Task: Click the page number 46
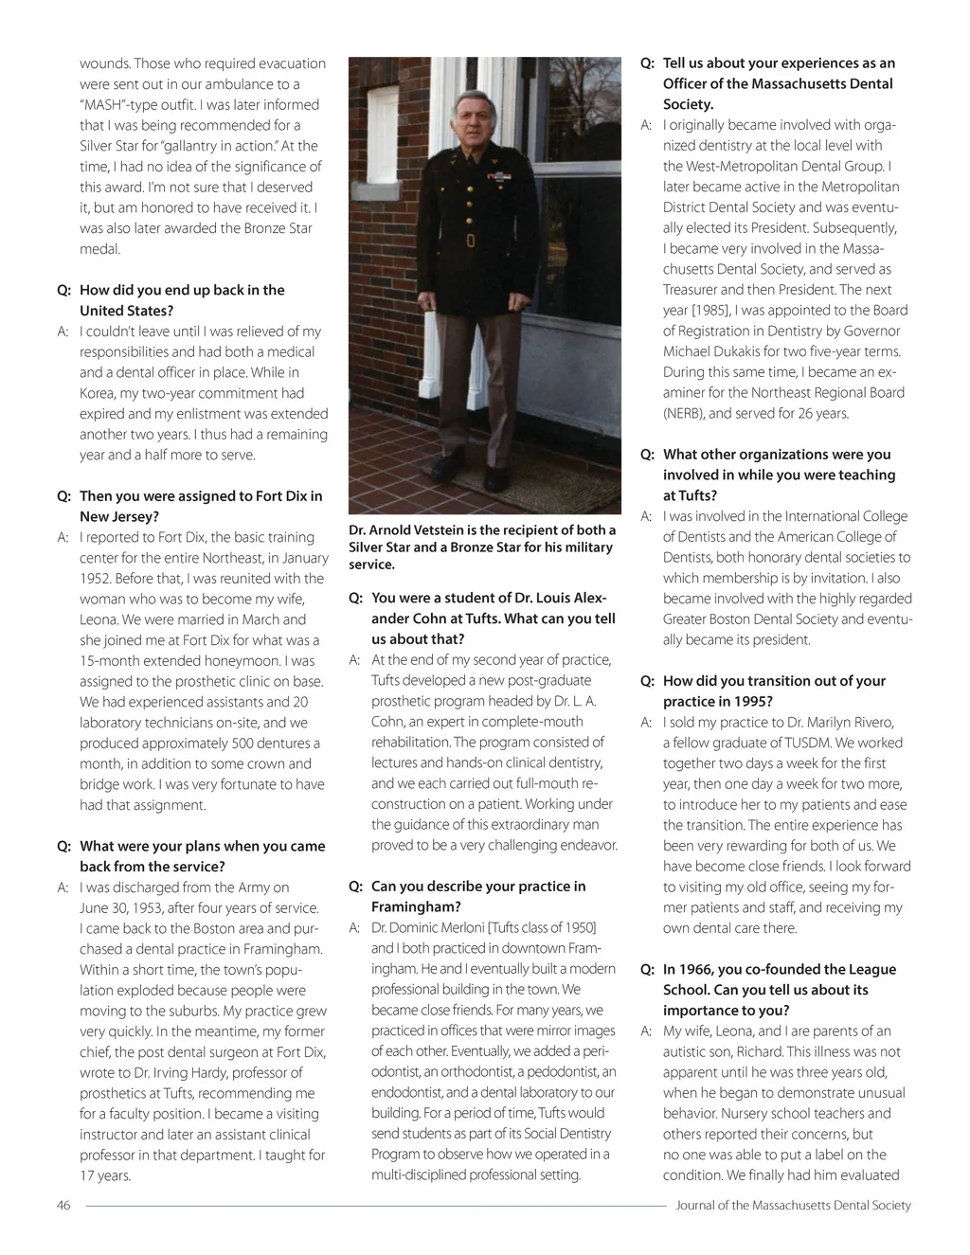click(63, 1206)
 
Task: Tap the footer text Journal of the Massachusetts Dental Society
click(793, 1206)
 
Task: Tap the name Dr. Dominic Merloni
click(427, 928)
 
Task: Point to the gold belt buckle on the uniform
click(471, 240)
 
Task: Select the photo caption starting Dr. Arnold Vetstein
click(482, 547)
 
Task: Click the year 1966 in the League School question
click(696, 970)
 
